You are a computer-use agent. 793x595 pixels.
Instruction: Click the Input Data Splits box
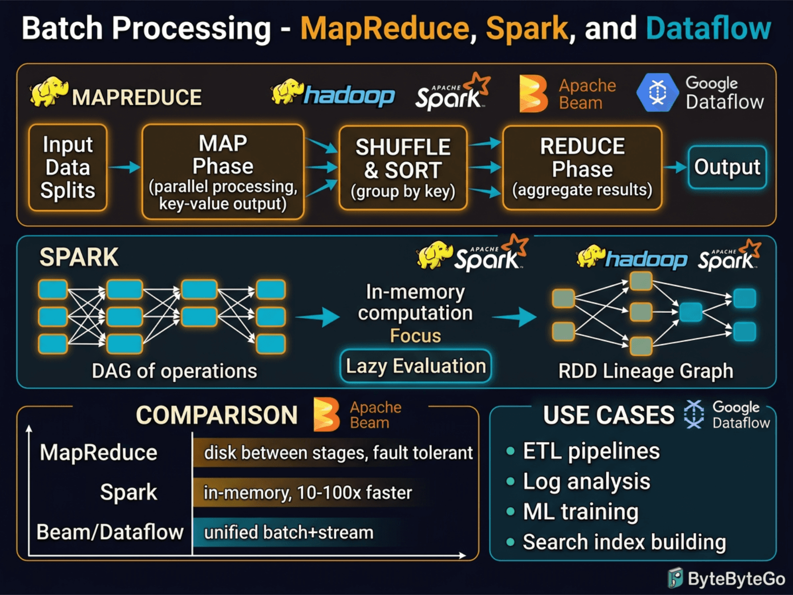[x=68, y=168]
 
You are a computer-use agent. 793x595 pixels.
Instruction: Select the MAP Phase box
[x=223, y=172]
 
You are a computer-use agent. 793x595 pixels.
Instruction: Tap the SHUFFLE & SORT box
[x=403, y=168]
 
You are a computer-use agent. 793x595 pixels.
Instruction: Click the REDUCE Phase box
[x=582, y=168]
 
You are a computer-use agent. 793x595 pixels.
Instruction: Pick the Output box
[x=727, y=167]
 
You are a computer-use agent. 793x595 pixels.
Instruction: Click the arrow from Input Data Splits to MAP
[x=124, y=167]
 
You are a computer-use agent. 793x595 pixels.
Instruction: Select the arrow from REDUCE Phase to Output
[x=675, y=167]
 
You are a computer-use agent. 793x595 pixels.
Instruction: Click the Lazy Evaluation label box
[x=415, y=366]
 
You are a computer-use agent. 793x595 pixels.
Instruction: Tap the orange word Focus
[x=415, y=336]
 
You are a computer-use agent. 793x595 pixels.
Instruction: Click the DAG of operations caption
[x=174, y=371]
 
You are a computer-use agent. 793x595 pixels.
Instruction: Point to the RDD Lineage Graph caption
[x=645, y=371]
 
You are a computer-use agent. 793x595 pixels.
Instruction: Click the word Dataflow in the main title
[x=708, y=28]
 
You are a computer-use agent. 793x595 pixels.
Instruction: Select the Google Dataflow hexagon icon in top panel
[x=657, y=92]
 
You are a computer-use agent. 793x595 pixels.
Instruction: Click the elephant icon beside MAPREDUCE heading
[x=49, y=92]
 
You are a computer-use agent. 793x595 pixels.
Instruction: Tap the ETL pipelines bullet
[x=591, y=451]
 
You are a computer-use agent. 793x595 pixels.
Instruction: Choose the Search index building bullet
[x=623, y=542]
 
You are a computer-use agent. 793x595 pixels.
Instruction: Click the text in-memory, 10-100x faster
[x=307, y=492]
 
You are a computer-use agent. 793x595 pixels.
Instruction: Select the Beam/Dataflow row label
[x=110, y=532]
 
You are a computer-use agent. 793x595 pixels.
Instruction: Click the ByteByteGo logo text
[x=736, y=579]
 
